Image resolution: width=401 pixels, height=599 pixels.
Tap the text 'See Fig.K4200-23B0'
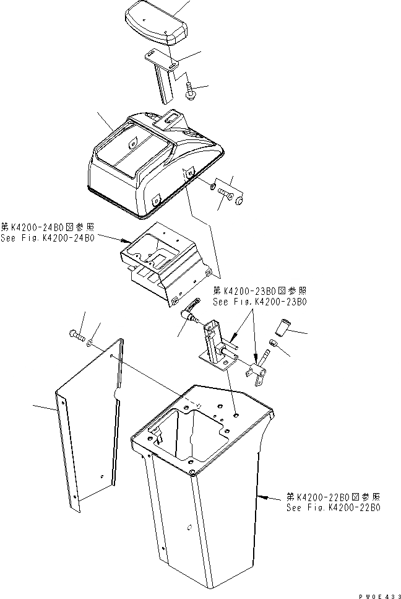pyautogui.click(x=259, y=302)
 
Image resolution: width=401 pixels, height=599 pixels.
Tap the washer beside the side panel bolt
pyautogui.click(x=91, y=342)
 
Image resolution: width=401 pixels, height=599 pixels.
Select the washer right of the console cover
pyautogui.click(x=212, y=187)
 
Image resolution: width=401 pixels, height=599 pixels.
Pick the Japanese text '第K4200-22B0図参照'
pyautogui.click(x=333, y=497)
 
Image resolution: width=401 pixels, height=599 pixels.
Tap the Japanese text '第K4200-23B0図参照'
pyautogui.click(x=259, y=291)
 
